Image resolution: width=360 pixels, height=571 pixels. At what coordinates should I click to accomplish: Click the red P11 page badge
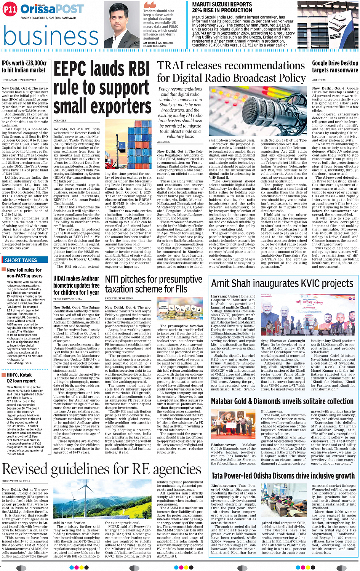tap(10, 10)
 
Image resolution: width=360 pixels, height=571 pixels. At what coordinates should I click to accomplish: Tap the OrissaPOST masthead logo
tap(52, 9)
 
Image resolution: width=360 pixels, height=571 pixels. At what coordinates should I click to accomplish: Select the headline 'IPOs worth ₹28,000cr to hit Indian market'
tap(24, 67)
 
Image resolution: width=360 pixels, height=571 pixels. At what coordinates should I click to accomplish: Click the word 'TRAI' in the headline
tap(171, 66)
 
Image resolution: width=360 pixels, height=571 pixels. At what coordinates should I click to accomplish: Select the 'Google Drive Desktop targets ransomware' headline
tap(335, 67)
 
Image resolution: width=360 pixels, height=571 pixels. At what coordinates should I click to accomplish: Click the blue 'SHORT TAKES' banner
tap(21, 261)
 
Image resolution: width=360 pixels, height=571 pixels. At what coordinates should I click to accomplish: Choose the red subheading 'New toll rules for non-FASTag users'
tap(24, 273)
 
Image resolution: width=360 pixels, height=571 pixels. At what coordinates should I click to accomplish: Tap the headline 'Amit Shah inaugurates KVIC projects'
tap(282, 283)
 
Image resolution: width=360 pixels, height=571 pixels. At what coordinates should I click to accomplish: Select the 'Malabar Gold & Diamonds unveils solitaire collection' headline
tap(282, 401)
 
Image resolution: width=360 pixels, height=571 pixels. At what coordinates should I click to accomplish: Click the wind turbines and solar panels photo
tap(104, 499)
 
